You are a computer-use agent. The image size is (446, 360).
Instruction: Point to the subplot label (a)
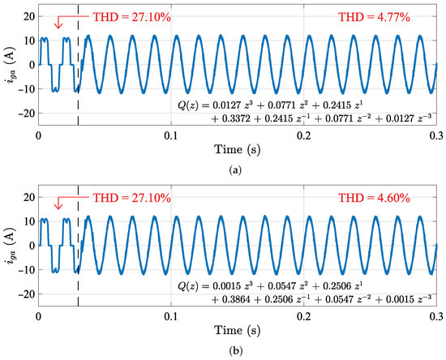[234, 169]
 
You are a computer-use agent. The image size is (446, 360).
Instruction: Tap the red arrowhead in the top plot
[56, 25]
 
